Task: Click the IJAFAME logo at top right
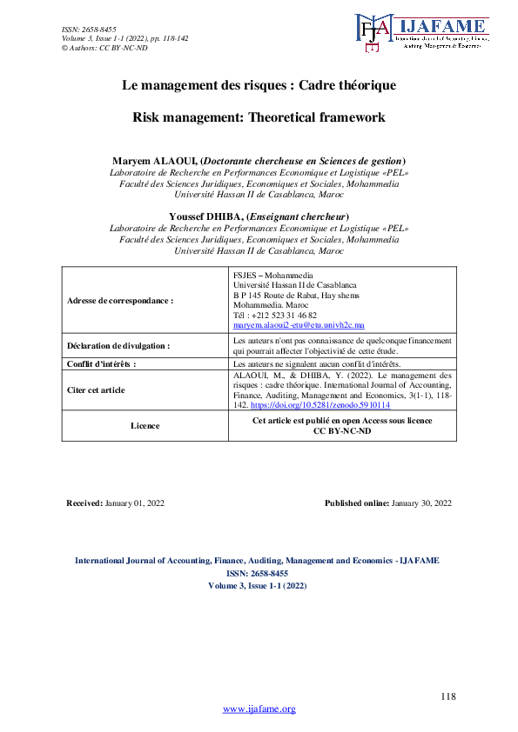[421, 33]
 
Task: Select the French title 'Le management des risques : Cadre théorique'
[259, 86]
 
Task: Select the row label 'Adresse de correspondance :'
[120, 300]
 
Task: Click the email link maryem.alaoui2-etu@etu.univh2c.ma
[291, 324]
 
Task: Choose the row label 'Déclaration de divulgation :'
[118, 345]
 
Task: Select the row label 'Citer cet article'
[96, 390]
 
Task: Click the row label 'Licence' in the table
[145, 426]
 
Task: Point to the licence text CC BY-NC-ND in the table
[341, 431]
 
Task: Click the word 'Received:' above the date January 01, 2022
[84, 503]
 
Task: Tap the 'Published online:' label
[356, 503]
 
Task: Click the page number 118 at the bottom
[448, 696]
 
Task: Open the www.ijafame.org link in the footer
[259, 709]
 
